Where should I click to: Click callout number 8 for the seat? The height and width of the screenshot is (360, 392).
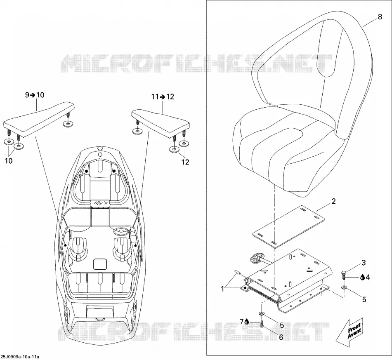pos(380,17)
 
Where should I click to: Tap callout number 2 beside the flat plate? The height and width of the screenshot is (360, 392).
pos(333,201)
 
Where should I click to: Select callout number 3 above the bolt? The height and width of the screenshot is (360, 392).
pos(364,263)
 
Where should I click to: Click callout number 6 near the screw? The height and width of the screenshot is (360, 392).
pos(281,337)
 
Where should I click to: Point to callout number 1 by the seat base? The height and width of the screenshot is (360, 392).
pos(222,289)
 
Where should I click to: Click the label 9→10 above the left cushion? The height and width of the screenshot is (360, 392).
pos(35,95)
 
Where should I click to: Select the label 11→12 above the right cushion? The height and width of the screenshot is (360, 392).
pos(163,96)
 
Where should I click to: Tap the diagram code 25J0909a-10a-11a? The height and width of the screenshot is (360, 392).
pos(20,357)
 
